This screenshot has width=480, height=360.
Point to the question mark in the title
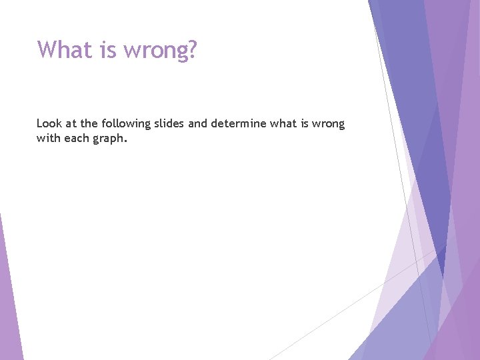(193, 49)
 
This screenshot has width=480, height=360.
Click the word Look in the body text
(49, 123)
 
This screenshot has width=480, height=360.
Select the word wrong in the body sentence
(329, 124)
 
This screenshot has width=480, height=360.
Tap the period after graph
(125, 141)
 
